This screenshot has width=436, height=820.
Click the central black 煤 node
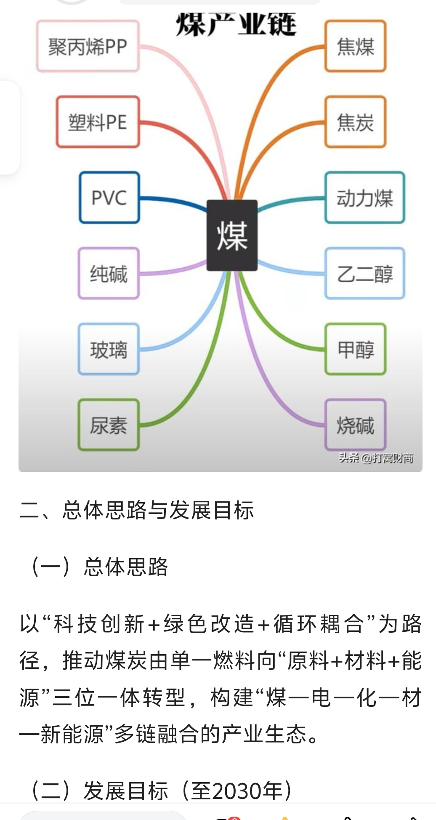click(232, 235)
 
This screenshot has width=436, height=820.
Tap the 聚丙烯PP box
click(88, 46)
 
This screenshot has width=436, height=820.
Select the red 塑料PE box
click(98, 122)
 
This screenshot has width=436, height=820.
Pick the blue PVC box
click(109, 197)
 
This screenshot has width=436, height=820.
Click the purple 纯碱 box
click(109, 274)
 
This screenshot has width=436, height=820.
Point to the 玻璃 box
click(109, 349)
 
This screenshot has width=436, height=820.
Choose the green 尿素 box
click(109, 425)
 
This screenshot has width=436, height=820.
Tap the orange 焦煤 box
click(355, 46)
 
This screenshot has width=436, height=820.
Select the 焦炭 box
click(355, 122)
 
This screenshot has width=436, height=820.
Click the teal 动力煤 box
click(364, 197)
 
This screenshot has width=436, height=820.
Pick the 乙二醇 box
click(364, 274)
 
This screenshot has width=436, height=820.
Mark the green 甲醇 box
click(355, 349)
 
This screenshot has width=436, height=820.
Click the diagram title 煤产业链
click(236, 24)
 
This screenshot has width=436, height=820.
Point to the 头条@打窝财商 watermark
click(376, 458)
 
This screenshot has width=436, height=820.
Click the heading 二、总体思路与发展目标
click(137, 510)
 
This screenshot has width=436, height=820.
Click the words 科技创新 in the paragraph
click(99, 624)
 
